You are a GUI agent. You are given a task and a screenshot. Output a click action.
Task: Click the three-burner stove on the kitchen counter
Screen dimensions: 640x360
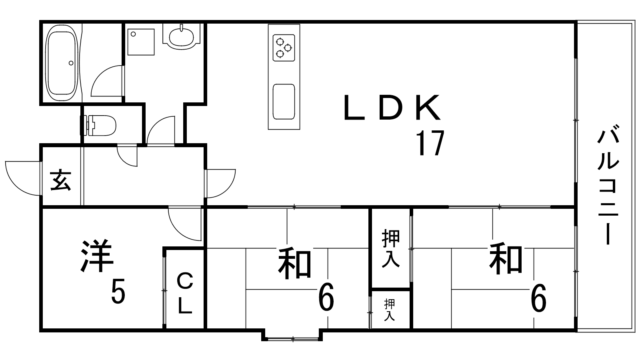click(284, 48)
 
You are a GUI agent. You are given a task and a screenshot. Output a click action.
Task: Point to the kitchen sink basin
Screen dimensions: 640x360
click(284, 102)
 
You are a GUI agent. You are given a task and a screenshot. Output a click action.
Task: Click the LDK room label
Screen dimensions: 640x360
click(392, 108)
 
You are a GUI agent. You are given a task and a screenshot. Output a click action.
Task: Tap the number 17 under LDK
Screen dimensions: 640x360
click(430, 143)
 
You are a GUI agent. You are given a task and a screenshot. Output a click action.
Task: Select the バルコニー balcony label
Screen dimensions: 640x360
click(608, 187)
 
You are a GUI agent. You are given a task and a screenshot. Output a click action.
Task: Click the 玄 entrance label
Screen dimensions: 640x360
click(60, 180)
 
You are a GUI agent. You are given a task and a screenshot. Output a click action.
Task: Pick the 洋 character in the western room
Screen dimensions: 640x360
click(96, 255)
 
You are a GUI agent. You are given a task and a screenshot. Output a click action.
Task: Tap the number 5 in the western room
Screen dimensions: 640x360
click(118, 292)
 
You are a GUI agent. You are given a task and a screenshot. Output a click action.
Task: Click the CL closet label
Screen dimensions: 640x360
click(185, 293)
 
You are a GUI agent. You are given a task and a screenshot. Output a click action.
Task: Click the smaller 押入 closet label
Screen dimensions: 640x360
click(390, 310)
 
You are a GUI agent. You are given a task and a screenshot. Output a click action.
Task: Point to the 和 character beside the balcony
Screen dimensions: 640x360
click(506, 258)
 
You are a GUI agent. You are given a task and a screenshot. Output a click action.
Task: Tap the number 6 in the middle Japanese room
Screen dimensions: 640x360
click(326, 297)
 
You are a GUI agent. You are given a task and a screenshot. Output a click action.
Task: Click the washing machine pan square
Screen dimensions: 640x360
click(141, 42)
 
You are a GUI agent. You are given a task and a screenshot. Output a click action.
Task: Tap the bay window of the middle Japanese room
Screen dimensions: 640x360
click(292, 336)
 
